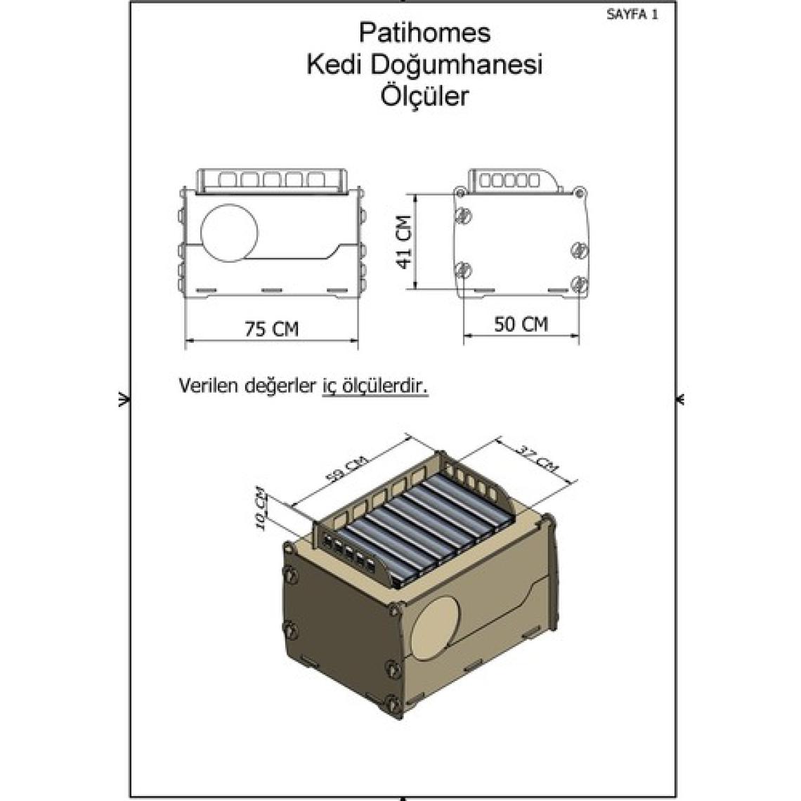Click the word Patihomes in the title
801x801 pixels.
click(424, 33)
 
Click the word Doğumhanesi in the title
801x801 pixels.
click(456, 65)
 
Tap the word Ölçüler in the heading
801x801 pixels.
click(424, 96)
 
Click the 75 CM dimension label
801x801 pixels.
click(271, 328)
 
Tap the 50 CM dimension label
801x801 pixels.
click(521, 324)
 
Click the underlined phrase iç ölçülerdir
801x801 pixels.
click(375, 386)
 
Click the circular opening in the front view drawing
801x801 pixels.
click(230, 233)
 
